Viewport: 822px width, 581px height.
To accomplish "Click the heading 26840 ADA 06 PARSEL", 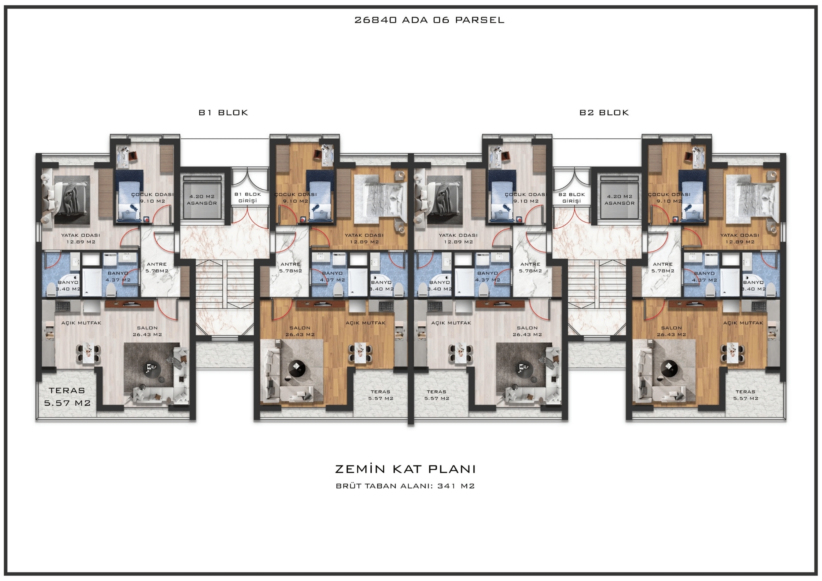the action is pyautogui.click(x=429, y=20).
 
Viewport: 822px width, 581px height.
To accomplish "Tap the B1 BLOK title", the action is pyautogui.click(x=224, y=113).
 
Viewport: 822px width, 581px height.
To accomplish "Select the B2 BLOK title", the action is pyautogui.click(x=604, y=113).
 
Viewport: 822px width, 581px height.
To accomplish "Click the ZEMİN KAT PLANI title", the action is pyautogui.click(x=405, y=469).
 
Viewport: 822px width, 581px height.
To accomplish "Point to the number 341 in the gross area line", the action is pyautogui.click(x=447, y=486).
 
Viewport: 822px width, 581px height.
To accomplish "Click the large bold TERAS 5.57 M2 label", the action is pyautogui.click(x=67, y=396).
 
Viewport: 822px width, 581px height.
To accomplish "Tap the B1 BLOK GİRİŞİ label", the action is pyautogui.click(x=248, y=197).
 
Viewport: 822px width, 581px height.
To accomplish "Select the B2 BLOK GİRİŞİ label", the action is pyautogui.click(x=572, y=197).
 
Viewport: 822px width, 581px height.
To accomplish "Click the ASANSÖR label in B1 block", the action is pyautogui.click(x=202, y=203).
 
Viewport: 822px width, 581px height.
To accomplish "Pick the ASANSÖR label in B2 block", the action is pyautogui.click(x=620, y=203).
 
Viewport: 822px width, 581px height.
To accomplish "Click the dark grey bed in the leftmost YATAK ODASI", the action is pyautogui.click(x=66, y=200).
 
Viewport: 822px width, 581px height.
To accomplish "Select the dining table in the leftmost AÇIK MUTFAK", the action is pyautogui.click(x=89, y=353).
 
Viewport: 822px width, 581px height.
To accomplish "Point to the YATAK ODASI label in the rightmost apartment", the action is pyautogui.click(x=740, y=236).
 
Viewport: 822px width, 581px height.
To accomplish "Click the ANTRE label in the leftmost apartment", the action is pyautogui.click(x=157, y=264).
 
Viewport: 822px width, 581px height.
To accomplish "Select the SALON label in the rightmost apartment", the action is pyautogui.click(x=671, y=328).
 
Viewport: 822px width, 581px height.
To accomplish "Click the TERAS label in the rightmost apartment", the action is pyautogui.click(x=745, y=392).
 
